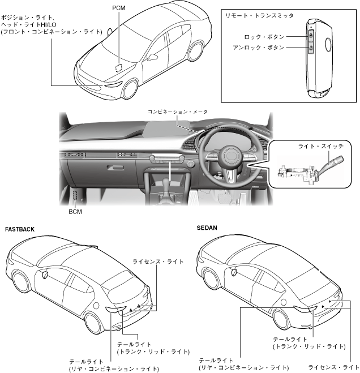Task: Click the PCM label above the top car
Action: coord(119,8)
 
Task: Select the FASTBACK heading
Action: coord(20,230)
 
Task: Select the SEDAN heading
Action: coord(207,229)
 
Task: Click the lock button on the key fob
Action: coord(311,36)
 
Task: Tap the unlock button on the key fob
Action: coord(311,48)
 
